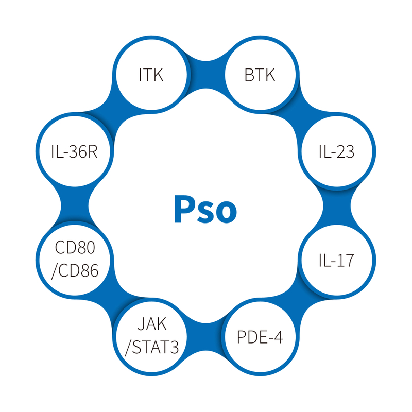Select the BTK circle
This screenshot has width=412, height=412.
click(x=260, y=75)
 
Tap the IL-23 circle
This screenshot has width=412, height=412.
click(x=336, y=152)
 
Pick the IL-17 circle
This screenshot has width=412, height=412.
click(x=336, y=260)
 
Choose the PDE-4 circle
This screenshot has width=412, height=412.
click(x=260, y=337)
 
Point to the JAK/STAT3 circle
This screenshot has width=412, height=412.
click(x=151, y=337)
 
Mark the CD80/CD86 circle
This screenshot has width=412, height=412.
click(x=75, y=260)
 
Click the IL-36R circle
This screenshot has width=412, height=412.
click(x=75, y=152)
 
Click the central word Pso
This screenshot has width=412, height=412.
click(x=205, y=209)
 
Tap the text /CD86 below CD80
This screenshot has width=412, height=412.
click(x=75, y=270)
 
